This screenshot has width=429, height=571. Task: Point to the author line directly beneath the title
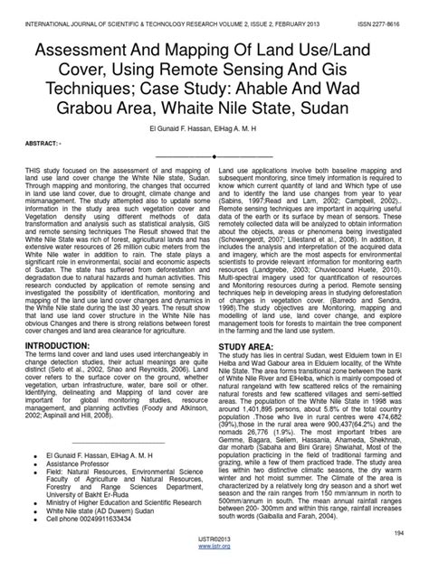point(214,128)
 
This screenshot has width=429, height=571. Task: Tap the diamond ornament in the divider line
point(214,155)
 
